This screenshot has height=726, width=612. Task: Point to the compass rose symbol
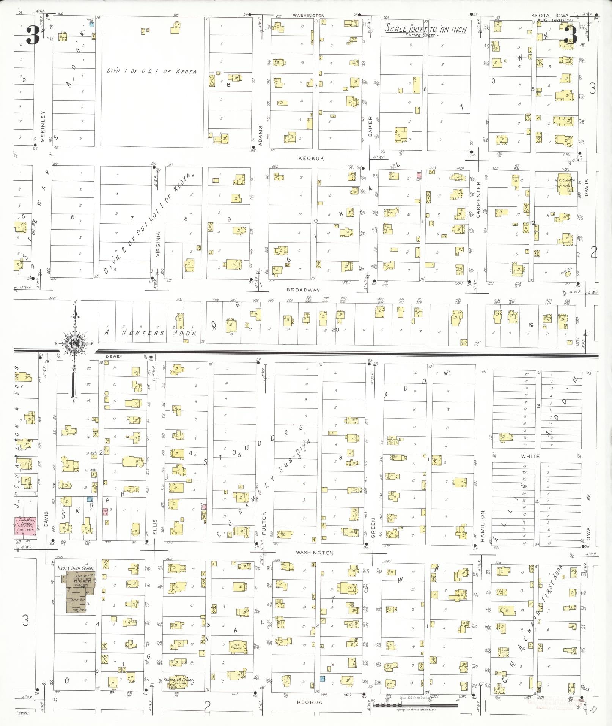point(75,344)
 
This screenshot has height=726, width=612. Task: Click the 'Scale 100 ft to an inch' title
point(425,29)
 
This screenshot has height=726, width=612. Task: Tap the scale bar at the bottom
point(415,705)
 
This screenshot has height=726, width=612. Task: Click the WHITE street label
point(530,456)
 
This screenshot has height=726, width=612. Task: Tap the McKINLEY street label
point(43,126)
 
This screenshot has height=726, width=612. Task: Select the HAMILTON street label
point(483,526)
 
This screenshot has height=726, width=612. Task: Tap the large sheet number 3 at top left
point(33,35)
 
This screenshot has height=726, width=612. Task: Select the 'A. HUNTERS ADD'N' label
point(151,333)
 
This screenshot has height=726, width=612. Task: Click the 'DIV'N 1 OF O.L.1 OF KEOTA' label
point(151,71)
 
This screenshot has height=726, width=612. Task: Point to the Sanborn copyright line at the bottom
point(415,709)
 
